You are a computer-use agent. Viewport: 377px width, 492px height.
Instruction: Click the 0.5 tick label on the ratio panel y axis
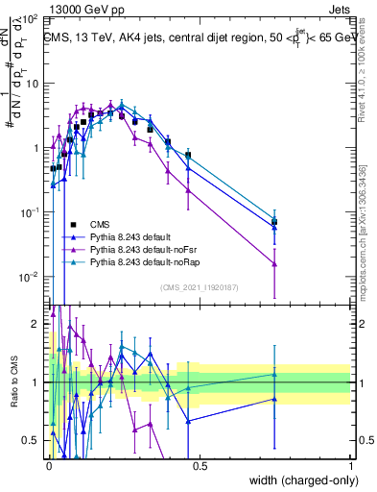click(34, 440)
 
